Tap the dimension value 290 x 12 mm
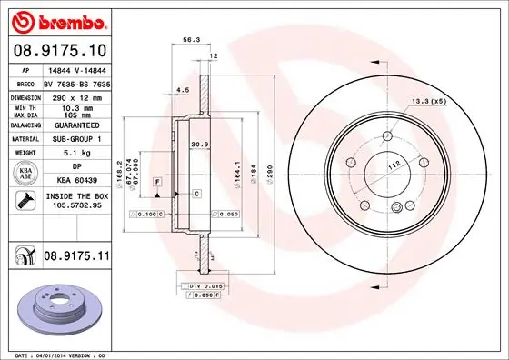(76, 96)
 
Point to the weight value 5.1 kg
(76, 155)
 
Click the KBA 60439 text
(76, 181)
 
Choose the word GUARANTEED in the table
(76, 125)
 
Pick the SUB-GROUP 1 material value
(76, 139)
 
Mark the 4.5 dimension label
(182, 90)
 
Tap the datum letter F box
(157, 182)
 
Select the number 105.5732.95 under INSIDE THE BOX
(75, 205)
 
